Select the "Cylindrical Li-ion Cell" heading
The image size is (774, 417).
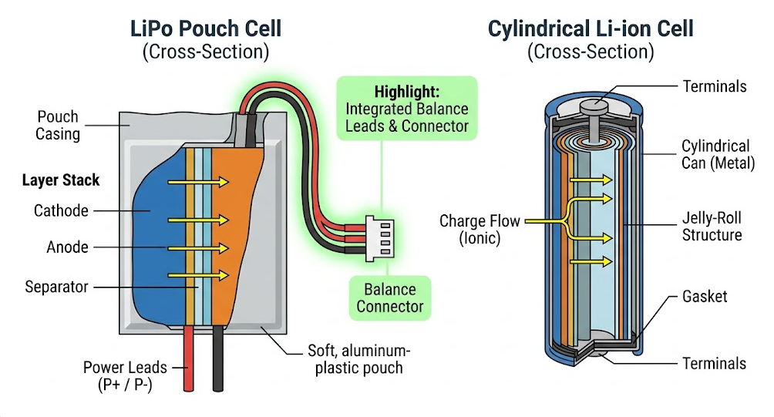point(591,29)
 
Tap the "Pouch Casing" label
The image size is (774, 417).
point(58,126)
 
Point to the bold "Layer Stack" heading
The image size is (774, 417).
point(61,180)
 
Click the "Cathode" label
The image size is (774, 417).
point(61,210)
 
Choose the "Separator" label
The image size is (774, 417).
point(56,287)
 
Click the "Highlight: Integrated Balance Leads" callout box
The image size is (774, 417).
point(406,107)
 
